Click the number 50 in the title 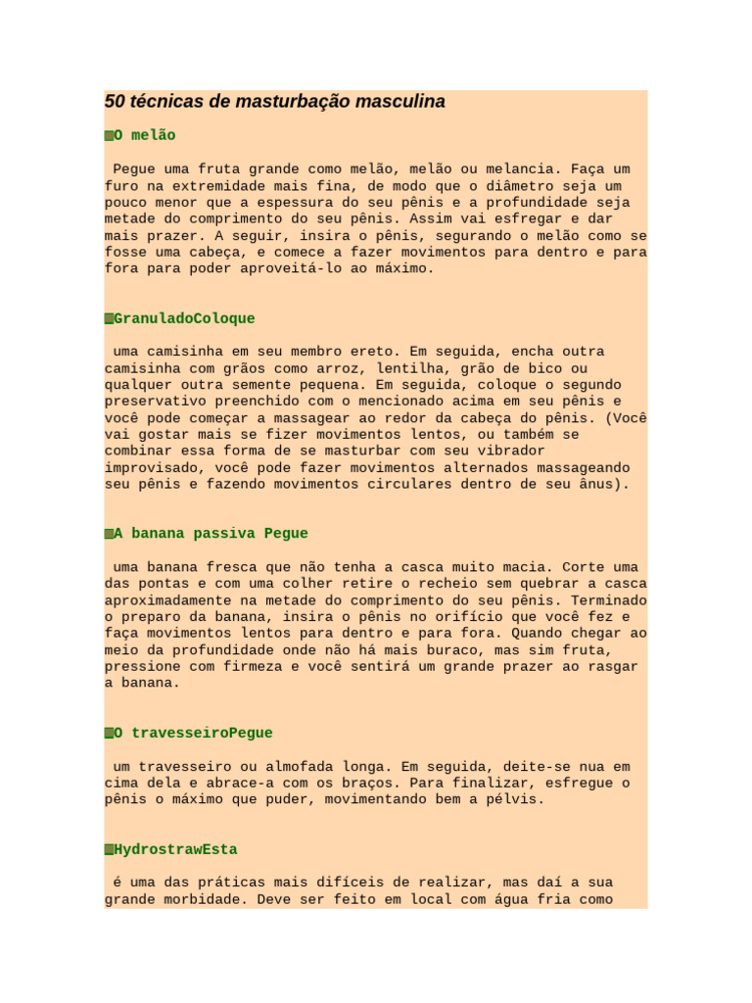[115, 102]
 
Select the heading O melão [145, 135]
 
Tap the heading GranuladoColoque [184, 318]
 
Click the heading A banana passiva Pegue [211, 534]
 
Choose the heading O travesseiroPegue [193, 733]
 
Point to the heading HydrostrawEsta [175, 849]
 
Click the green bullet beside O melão [109, 135]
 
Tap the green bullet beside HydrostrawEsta [109, 850]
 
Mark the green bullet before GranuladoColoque [109, 319]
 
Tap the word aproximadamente [164, 600]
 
